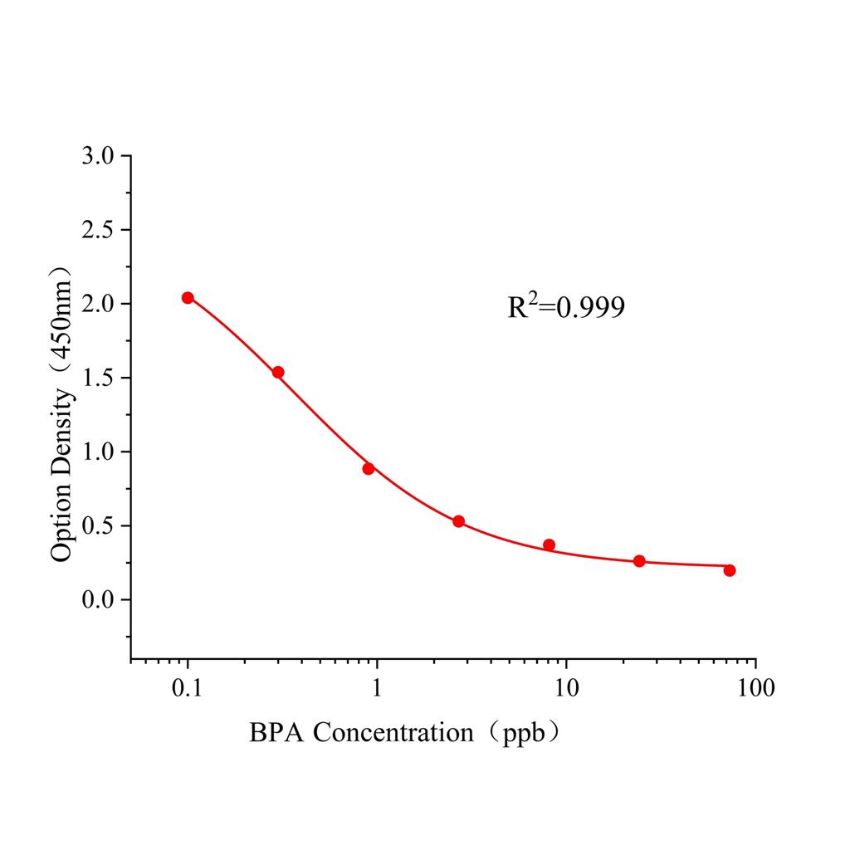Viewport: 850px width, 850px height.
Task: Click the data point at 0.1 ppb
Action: click(x=188, y=298)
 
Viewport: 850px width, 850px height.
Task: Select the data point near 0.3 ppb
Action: click(x=278, y=373)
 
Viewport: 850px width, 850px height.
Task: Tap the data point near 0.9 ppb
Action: click(x=369, y=468)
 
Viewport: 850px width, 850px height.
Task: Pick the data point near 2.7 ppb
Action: click(x=458, y=521)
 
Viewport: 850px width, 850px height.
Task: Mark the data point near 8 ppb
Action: click(x=549, y=545)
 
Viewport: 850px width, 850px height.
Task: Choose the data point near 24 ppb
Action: click(x=639, y=561)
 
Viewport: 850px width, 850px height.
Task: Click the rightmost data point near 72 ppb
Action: click(x=729, y=570)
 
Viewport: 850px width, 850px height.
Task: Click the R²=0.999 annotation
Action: click(x=566, y=308)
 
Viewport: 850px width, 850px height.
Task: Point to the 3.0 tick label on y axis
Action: click(x=100, y=156)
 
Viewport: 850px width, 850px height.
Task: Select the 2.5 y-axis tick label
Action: click(x=100, y=230)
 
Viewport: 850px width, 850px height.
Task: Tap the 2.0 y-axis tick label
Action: click(x=100, y=304)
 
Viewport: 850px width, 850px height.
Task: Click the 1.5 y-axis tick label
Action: click(x=100, y=378)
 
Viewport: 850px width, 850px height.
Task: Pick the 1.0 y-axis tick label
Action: click(x=100, y=452)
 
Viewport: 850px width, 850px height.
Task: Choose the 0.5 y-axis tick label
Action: click(x=100, y=525)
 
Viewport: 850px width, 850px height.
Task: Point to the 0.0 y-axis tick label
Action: click(x=100, y=599)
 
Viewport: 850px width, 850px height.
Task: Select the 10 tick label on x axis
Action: click(x=566, y=688)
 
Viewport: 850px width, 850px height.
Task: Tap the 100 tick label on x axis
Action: click(x=755, y=688)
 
